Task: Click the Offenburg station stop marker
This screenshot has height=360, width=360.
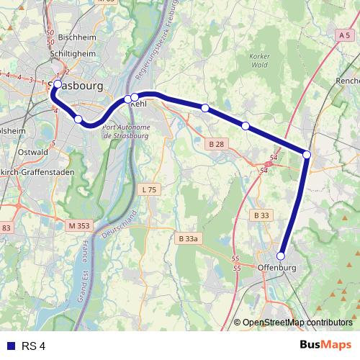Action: (x=281, y=256)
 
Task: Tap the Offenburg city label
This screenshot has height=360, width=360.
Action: (x=276, y=269)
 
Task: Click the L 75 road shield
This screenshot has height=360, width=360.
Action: (x=148, y=189)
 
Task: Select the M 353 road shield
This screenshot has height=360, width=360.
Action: (x=80, y=225)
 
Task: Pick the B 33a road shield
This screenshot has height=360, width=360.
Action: (x=186, y=238)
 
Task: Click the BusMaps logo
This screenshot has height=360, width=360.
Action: (x=325, y=346)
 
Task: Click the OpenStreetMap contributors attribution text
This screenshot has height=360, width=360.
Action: (x=297, y=322)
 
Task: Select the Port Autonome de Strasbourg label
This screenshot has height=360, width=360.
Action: (x=126, y=131)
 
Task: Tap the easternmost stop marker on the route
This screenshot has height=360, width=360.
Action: (x=307, y=154)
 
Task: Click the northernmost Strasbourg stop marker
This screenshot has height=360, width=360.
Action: (x=58, y=84)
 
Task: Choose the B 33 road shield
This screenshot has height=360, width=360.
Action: (x=261, y=215)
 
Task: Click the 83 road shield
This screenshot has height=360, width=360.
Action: (x=6, y=228)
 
